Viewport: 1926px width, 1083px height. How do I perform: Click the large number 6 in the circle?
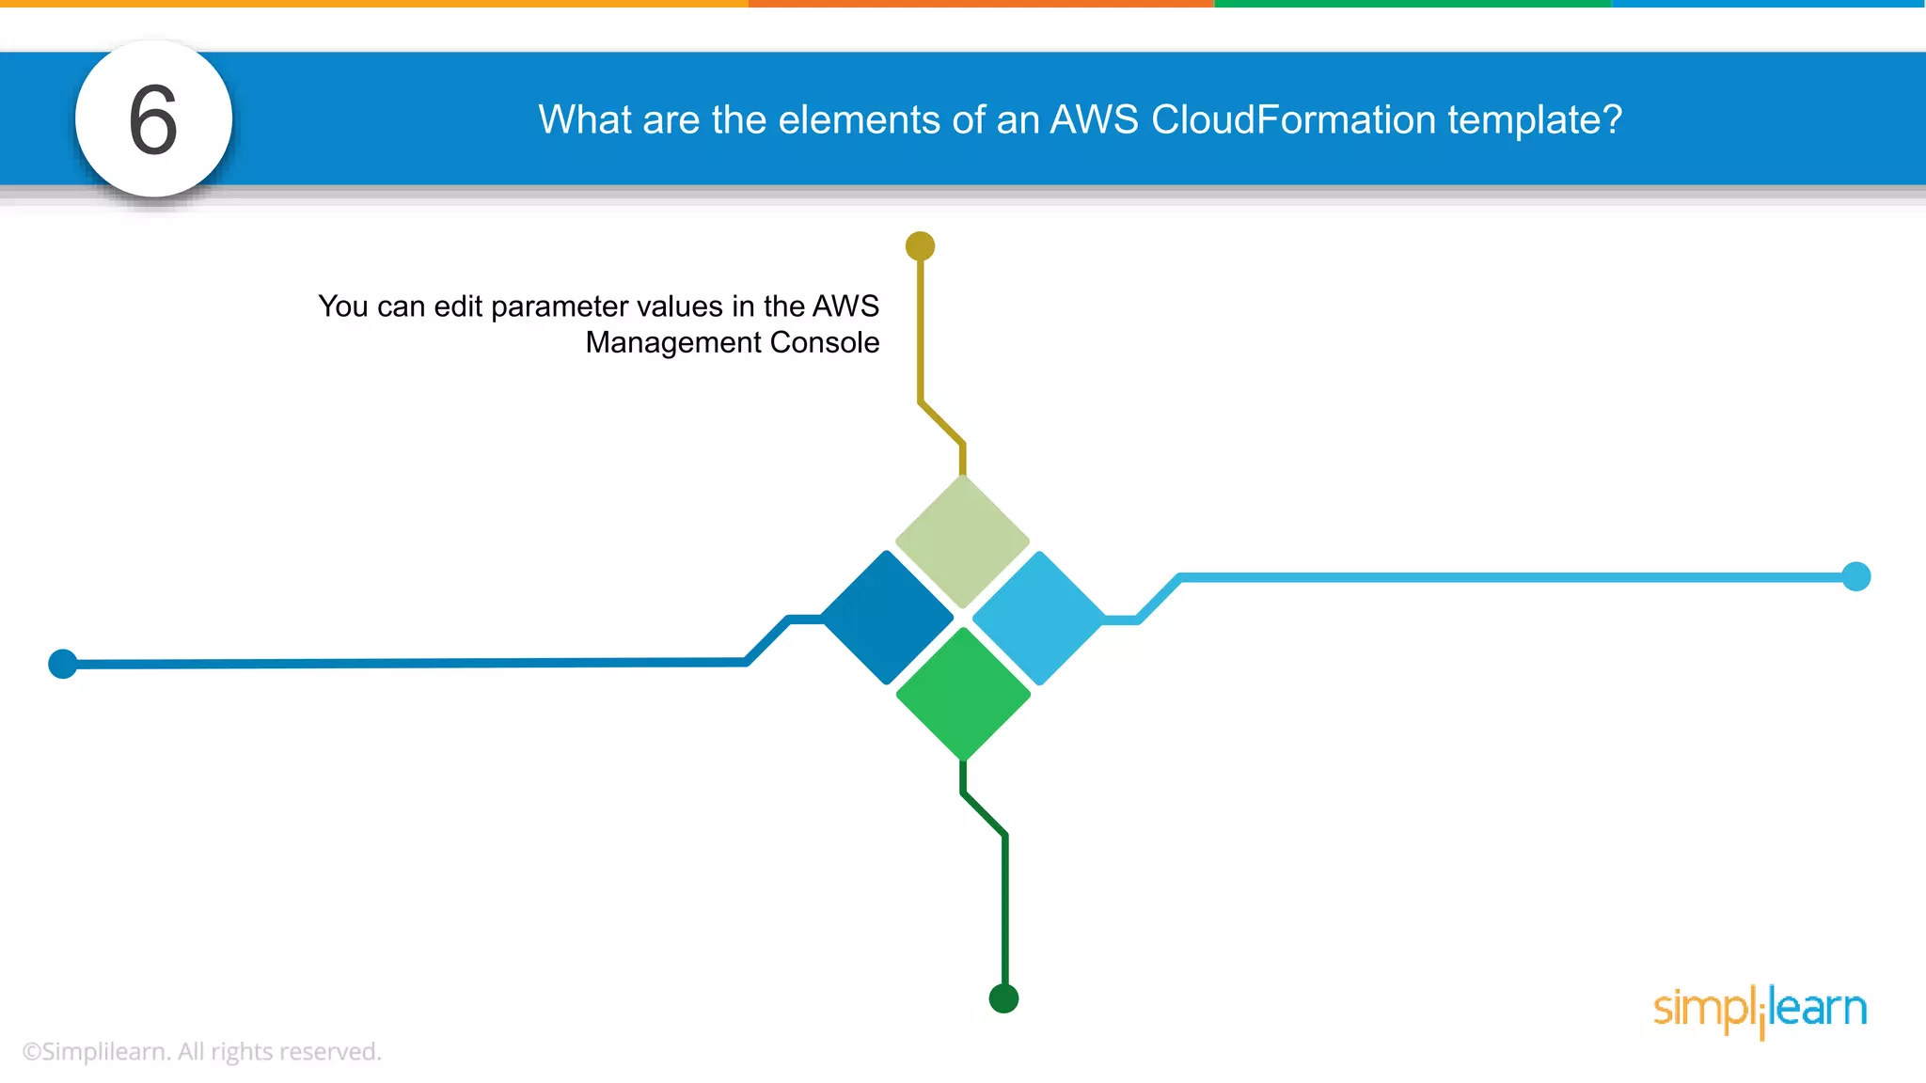(153, 120)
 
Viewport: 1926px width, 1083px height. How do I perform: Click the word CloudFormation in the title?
(1293, 120)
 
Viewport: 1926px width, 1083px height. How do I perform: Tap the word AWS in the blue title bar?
(1094, 120)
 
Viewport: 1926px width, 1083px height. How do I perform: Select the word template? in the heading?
(1535, 120)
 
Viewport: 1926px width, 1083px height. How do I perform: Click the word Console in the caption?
(824, 343)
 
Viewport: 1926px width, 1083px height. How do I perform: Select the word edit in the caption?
(457, 306)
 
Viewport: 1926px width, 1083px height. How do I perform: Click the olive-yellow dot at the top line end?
(920, 246)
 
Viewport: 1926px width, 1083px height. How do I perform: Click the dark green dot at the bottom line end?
(1003, 998)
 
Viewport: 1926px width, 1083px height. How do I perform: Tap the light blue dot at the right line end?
(1855, 576)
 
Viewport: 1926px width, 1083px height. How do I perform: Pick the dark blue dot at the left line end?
(63, 664)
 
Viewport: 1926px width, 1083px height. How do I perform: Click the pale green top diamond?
(962, 541)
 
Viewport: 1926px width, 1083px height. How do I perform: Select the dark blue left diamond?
(887, 618)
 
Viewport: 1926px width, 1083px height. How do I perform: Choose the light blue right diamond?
(1038, 618)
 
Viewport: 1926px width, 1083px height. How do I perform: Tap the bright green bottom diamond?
(963, 694)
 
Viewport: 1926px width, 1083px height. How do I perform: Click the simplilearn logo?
(1760, 1011)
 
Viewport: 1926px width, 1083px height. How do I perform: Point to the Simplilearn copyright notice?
(201, 1052)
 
